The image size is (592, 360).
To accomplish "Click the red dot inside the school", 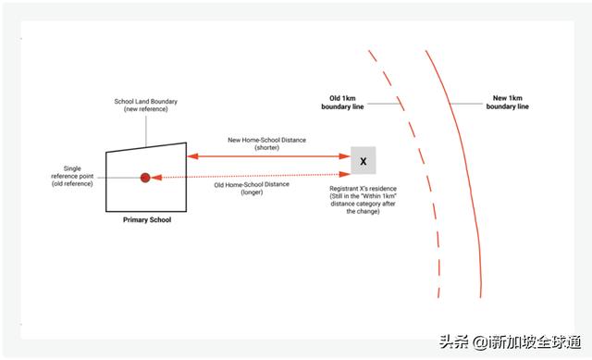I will pos(145,177).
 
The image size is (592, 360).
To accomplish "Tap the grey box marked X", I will pos(363,161).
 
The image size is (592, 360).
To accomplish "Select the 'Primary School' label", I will pos(147,220).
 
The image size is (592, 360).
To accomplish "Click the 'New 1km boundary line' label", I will pos(507,101).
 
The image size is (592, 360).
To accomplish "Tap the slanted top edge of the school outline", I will pos(146,147).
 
